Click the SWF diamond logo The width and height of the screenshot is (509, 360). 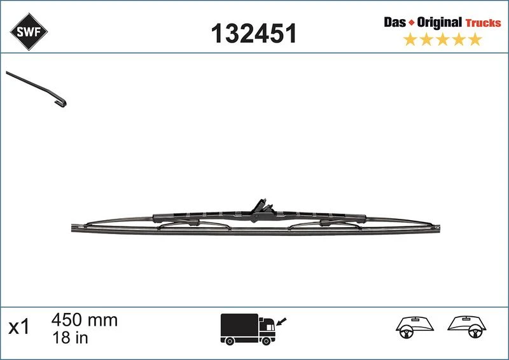coord(29,32)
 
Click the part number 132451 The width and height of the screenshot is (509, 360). coord(254,33)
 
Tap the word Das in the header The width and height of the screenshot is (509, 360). coord(394,22)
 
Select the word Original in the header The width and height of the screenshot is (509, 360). coord(439,22)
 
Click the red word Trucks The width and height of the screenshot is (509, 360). coord(484,23)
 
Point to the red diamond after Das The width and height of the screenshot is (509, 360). coord(411,23)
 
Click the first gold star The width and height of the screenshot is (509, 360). coord(410,39)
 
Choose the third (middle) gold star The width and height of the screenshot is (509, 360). coord(442,39)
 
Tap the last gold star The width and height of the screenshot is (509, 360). coord(475,39)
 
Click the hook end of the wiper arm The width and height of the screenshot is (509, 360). coord(61,102)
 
